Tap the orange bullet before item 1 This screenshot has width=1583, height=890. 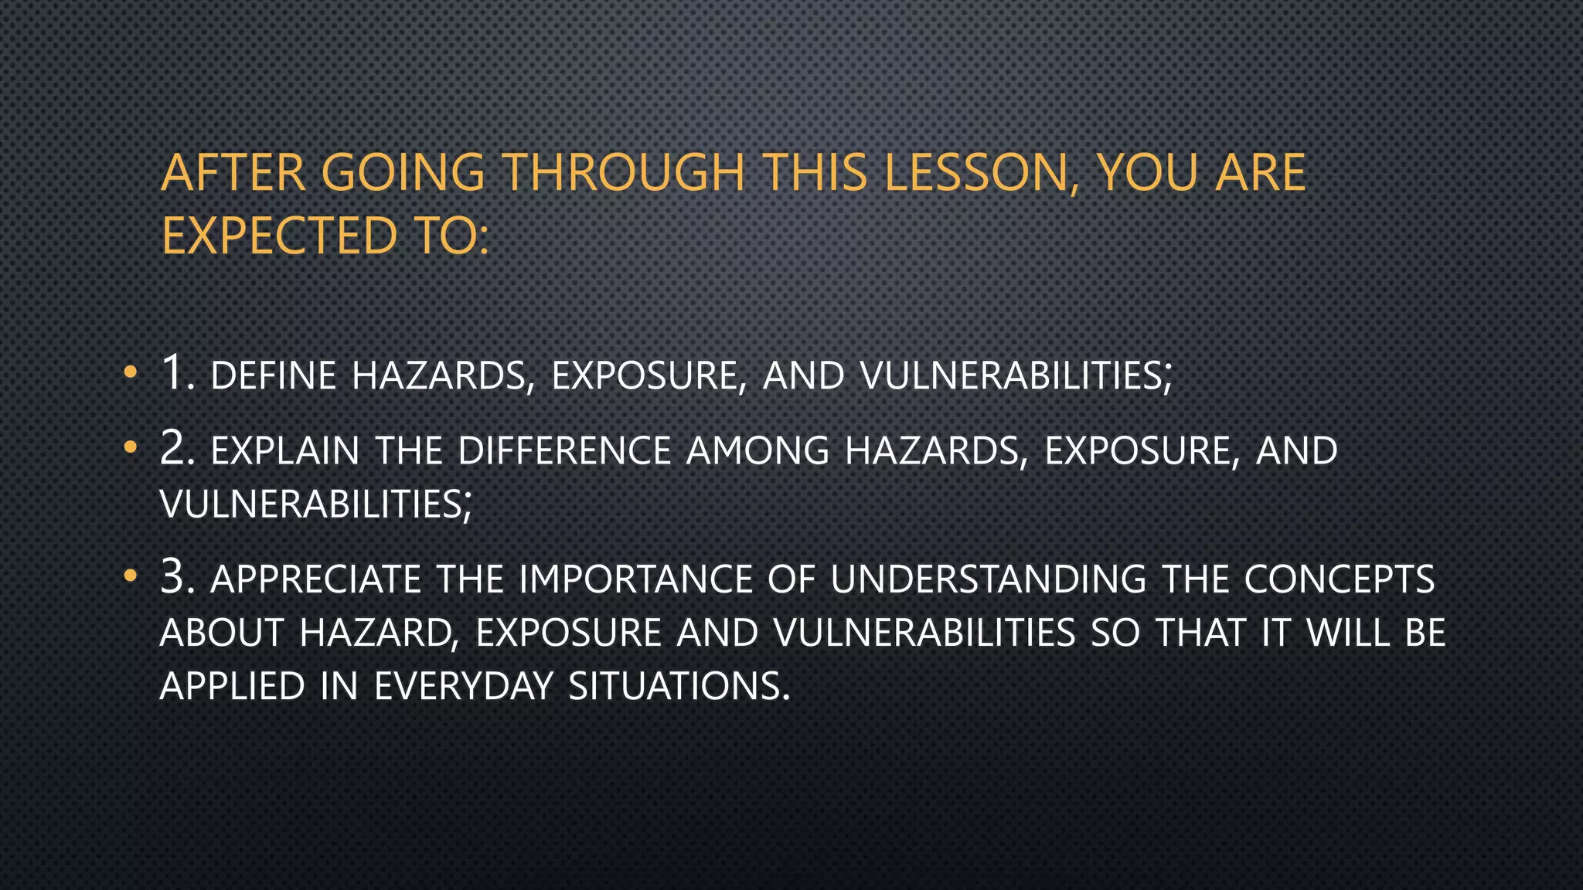[x=131, y=373]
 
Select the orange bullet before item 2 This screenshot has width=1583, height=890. [x=131, y=447]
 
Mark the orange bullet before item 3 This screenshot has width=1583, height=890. [x=131, y=576]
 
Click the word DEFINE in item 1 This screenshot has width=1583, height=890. [x=274, y=376]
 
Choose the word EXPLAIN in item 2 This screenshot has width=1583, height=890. [x=285, y=451]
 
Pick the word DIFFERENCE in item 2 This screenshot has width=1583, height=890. [x=564, y=451]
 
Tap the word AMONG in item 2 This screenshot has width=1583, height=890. [x=757, y=451]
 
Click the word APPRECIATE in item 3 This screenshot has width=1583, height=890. [x=315, y=579]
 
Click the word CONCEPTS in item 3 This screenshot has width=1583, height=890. [x=1339, y=579]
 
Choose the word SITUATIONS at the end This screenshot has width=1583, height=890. [x=679, y=686]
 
